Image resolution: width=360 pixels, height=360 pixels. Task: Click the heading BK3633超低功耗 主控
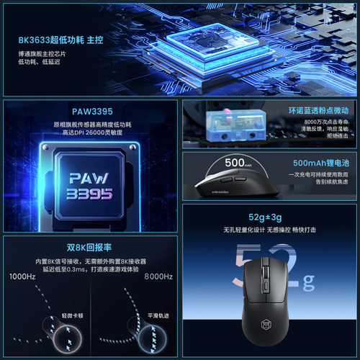click(57, 41)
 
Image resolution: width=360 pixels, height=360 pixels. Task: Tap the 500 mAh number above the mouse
click(236, 163)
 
